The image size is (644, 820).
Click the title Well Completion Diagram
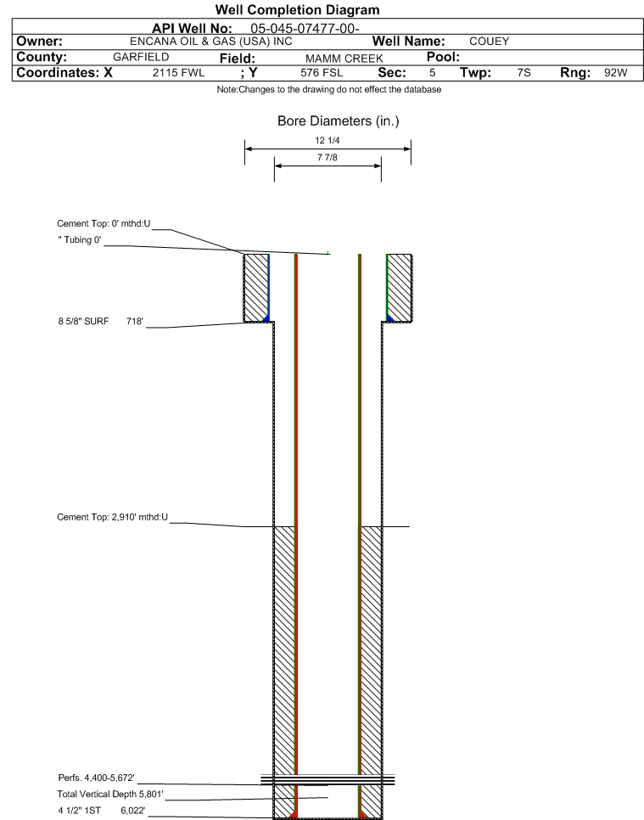coord(298,10)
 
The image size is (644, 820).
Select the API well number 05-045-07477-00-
coord(305,29)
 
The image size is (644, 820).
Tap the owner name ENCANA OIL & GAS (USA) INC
coord(211,42)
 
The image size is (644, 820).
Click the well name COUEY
coord(490,42)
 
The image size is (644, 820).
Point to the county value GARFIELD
coord(141,57)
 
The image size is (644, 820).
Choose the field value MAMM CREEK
coord(344,59)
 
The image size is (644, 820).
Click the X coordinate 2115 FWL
coord(179,73)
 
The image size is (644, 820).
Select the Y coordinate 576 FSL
coord(322,73)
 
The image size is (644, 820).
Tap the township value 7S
coord(524,73)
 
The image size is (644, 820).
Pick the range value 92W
coord(616,73)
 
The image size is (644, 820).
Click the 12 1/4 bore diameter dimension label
coord(328,140)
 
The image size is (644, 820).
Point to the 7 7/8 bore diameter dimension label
coord(328,157)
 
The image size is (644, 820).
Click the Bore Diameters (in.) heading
coord(339,121)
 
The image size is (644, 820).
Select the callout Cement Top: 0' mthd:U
coord(104,223)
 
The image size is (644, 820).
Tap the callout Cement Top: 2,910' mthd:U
coord(112,517)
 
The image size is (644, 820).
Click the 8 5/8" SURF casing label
coord(84,321)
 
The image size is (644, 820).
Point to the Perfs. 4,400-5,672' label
coord(96,778)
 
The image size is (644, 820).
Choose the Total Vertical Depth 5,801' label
coord(110,794)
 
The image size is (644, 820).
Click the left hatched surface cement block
coord(256,288)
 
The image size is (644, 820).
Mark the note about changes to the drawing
coord(329,89)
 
